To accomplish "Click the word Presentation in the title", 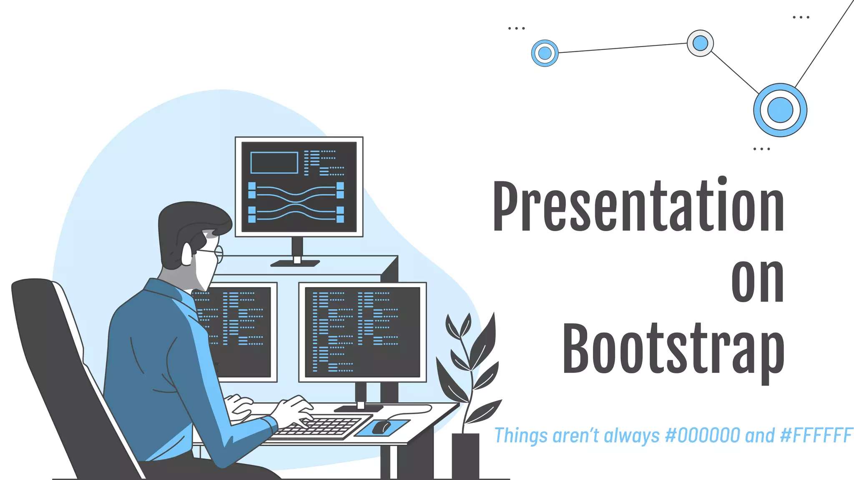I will [x=638, y=206].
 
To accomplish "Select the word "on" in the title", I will [x=757, y=281].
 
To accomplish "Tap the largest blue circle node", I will [x=780, y=110].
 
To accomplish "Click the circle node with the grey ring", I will [x=700, y=43].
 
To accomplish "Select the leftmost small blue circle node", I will [x=545, y=53].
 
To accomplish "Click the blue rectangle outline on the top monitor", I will [x=274, y=162].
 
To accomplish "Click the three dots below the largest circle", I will [x=761, y=149].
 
